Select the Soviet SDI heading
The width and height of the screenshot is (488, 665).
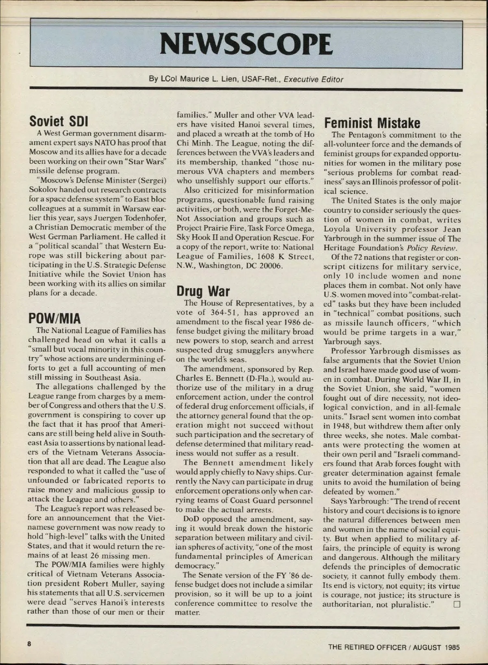pyautogui.click(x=59, y=121)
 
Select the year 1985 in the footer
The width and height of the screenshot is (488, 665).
pyautogui.click(x=452, y=647)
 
